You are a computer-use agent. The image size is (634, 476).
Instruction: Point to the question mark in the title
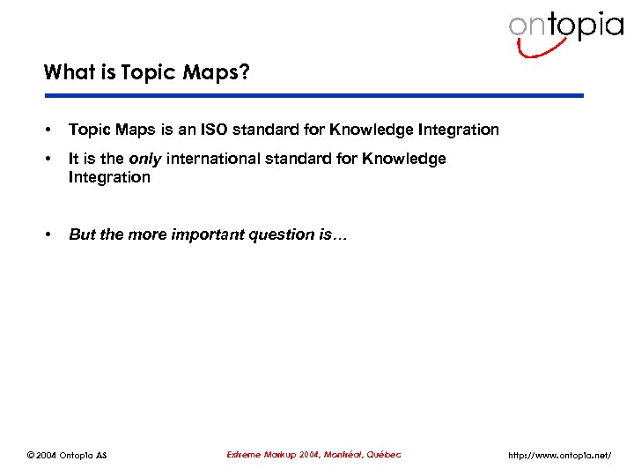[x=244, y=71]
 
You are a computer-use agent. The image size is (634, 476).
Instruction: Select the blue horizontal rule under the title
[x=313, y=95]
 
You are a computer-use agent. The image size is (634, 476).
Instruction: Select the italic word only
[x=144, y=159]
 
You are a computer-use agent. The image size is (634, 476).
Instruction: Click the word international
[x=218, y=159]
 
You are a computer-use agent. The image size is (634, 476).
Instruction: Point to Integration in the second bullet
[x=109, y=177]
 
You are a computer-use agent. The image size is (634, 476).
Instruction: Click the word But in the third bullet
[x=82, y=234]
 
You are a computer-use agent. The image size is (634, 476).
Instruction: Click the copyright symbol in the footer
[x=31, y=455]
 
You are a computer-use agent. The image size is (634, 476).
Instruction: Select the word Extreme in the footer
[x=246, y=454]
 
